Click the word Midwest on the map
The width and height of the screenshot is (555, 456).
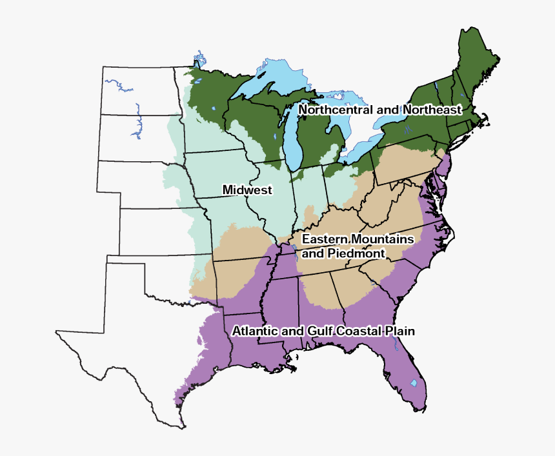click(x=247, y=190)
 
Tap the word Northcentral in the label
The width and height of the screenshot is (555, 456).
click(x=335, y=110)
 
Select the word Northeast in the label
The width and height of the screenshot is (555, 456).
click(x=432, y=110)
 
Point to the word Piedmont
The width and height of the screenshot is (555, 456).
click(x=356, y=253)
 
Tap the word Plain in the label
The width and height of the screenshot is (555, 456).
click(x=400, y=331)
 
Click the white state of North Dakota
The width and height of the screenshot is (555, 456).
click(x=139, y=90)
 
